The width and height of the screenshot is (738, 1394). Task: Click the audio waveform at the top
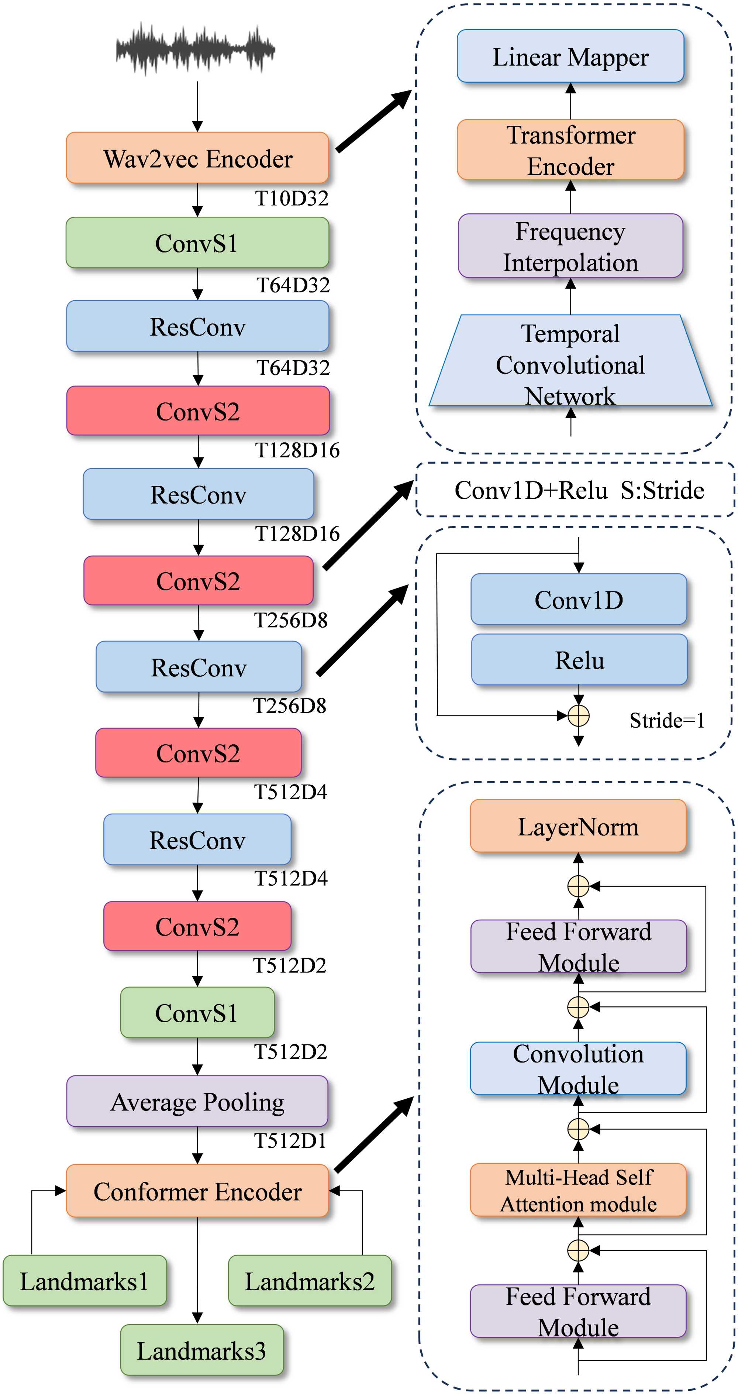pos(195,49)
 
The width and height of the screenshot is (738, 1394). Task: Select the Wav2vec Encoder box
pos(197,158)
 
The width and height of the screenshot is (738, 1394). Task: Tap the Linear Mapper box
pos(570,56)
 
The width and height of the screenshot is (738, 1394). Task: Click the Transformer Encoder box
pos(570,150)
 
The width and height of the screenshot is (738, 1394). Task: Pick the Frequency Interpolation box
pos(570,246)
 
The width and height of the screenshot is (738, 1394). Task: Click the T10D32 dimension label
pos(292,199)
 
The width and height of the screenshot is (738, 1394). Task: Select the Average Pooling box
pos(197,1102)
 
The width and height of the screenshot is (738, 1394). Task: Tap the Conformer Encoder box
pos(197,1191)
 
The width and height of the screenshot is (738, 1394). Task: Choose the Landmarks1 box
pos(85,1281)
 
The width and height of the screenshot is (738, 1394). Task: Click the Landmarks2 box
pos(310,1281)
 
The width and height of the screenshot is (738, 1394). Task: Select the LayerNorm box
pos(578,826)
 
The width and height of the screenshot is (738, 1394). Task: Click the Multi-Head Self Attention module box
pos(578,1190)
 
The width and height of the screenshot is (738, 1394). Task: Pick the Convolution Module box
pos(578,1069)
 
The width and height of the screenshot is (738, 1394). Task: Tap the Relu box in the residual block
pos(579,660)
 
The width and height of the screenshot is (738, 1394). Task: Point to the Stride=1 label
pos(666,720)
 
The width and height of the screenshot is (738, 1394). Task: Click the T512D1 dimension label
pos(290,1141)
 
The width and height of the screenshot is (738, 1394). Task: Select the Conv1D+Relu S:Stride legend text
pos(579,490)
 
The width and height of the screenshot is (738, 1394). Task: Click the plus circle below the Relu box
pos(578,715)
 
